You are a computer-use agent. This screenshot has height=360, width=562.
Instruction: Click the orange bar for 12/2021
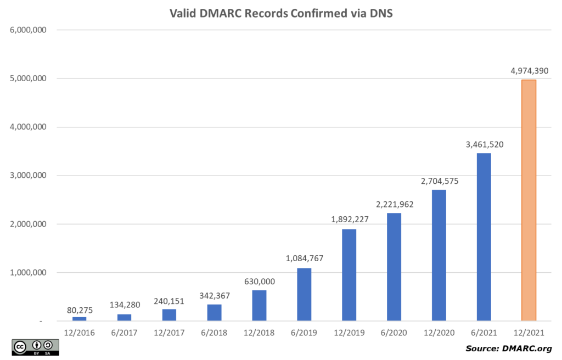(x=529, y=200)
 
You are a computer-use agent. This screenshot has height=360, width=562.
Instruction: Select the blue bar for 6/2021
(x=484, y=237)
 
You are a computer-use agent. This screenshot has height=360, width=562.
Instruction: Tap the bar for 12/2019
(x=349, y=275)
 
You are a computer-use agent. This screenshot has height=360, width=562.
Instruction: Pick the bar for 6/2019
(x=304, y=295)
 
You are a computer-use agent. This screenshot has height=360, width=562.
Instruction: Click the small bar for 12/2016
(x=80, y=319)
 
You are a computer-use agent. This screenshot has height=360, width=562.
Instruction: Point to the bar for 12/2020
(x=439, y=255)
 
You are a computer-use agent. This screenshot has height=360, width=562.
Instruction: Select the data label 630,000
(x=259, y=282)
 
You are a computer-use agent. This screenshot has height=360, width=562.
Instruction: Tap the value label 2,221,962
(x=394, y=204)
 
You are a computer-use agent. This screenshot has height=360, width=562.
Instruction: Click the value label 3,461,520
(x=484, y=144)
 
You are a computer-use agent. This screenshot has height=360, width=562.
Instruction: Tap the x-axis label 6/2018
(x=214, y=333)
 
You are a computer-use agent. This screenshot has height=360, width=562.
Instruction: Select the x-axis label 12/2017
(x=169, y=333)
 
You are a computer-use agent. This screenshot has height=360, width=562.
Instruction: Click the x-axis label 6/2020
(x=394, y=333)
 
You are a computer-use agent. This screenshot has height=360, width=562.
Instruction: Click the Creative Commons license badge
(x=35, y=347)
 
